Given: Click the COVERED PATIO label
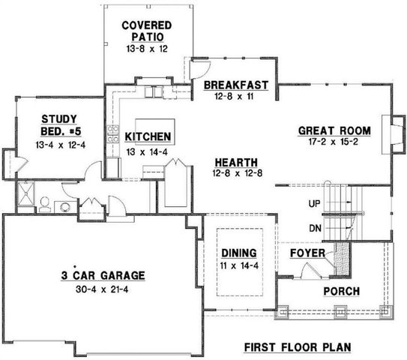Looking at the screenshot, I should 147,31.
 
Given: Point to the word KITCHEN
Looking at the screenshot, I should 148,137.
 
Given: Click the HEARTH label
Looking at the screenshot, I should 235,162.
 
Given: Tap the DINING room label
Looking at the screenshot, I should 239,252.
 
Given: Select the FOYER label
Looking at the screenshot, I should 307,253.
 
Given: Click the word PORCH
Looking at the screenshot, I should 341,291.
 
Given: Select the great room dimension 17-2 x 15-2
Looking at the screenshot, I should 331,142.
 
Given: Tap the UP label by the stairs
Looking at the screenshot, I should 315,203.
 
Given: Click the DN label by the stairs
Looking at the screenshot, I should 315,228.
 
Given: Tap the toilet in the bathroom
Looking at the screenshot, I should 44,203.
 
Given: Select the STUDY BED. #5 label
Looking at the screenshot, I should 55,124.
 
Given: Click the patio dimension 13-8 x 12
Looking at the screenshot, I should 147,48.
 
